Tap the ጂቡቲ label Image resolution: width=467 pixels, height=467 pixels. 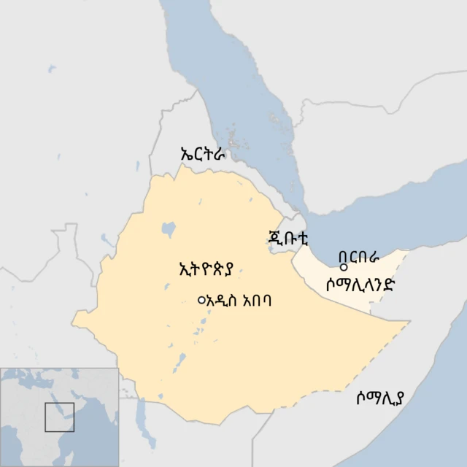(x=288, y=238)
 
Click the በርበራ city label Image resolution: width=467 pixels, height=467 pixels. (x=360, y=257)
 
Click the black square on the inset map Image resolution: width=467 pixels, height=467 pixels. (x=60, y=417)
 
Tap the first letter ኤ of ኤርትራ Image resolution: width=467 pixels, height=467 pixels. (x=186, y=155)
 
